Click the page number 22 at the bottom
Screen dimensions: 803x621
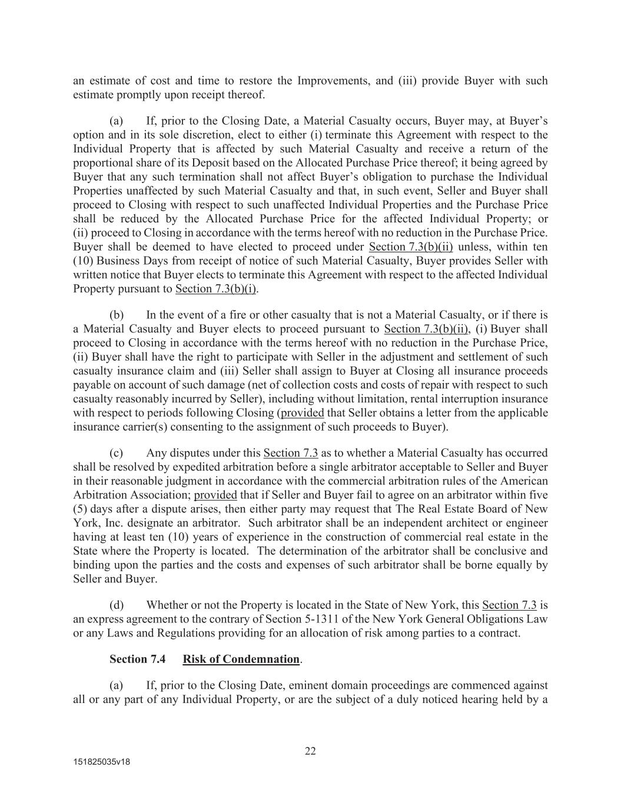[310, 751]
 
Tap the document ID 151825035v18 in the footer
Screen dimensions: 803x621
[101, 762]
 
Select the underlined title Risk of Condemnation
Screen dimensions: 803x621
[241, 659]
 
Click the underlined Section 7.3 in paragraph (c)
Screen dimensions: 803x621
[291, 453]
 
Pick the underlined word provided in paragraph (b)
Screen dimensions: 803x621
[302, 413]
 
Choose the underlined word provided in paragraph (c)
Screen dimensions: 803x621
[215, 495]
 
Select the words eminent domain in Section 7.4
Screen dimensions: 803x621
[332, 685]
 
